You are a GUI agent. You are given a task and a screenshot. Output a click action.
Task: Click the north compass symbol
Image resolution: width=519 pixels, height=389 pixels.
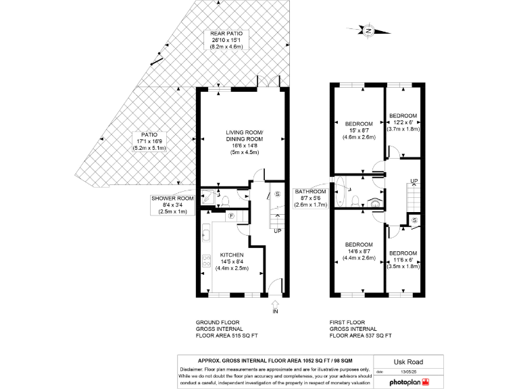(x=368, y=30)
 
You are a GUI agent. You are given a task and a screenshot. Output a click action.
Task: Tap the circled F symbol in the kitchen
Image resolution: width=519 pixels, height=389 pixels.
(x=230, y=215)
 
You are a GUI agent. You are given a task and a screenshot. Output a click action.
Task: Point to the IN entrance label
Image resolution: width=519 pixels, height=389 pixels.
(x=274, y=311)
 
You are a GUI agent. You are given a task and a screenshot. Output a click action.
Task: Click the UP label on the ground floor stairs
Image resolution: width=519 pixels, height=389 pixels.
(x=278, y=231)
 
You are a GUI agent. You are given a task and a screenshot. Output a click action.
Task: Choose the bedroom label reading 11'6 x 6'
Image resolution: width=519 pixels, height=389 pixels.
(x=403, y=260)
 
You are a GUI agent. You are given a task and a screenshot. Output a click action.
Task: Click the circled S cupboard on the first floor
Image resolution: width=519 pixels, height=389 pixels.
(x=414, y=220)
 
